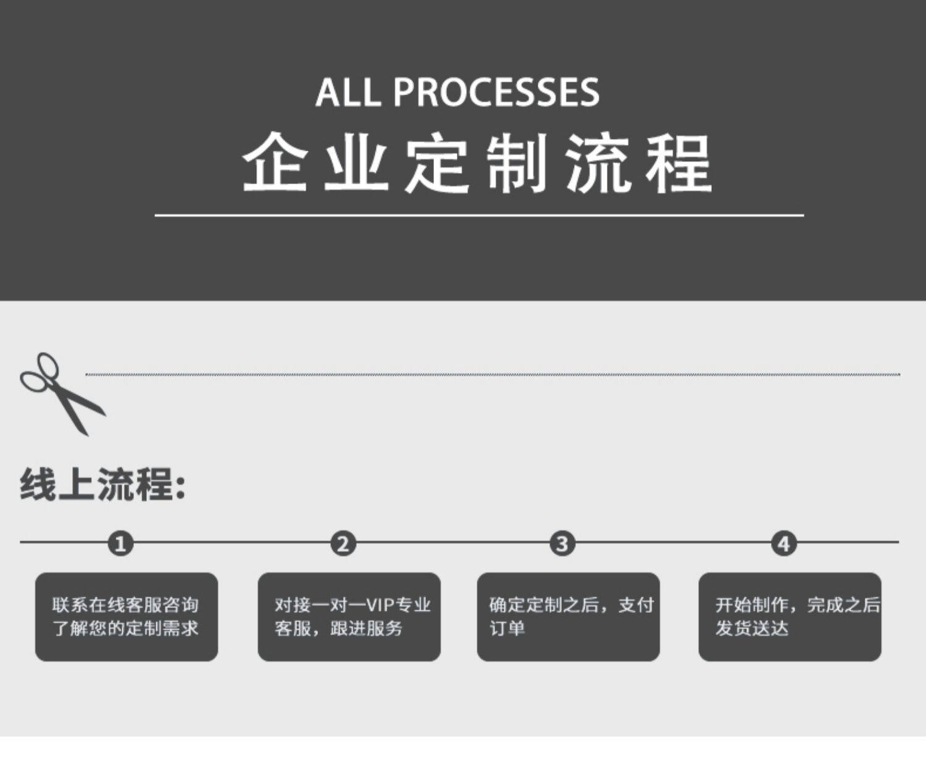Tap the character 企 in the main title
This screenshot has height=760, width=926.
275,162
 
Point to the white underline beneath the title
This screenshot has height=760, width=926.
479,215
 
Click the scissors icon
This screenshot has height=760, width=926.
62,394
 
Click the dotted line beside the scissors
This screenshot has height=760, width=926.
493,375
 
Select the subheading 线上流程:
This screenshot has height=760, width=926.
102,484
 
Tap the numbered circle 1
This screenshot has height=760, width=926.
121,543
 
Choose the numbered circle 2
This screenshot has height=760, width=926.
343,543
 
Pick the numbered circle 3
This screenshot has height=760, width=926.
562,543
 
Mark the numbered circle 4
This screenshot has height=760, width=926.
784,543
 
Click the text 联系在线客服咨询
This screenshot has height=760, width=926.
125,605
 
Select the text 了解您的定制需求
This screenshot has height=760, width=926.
125,628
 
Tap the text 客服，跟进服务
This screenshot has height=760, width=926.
338,628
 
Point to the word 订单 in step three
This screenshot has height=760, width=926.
507,628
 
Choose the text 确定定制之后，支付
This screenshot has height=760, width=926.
572,605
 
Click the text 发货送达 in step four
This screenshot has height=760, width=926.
752,628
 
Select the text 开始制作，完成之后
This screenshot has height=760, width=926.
798,605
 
